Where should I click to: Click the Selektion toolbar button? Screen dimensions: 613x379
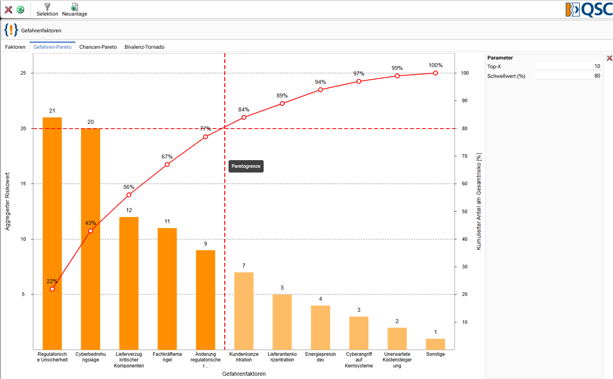coord(47,10)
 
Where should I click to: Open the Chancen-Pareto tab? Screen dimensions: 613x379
coord(98,47)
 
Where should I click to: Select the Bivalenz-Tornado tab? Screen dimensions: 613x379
coord(144,47)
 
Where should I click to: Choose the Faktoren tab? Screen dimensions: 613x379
coord(15,47)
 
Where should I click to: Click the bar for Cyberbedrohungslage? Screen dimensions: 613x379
coord(91,239)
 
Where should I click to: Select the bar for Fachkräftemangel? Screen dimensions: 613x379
coord(167,289)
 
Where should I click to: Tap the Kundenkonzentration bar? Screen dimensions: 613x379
coord(244,311)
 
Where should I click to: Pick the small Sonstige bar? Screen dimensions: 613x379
coord(436,344)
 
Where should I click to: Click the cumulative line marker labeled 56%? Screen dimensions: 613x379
coord(129,195)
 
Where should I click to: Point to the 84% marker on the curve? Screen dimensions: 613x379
coord(244,117)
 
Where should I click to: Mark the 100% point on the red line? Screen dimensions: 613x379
coord(436,73)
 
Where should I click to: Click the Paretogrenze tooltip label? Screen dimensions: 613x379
coord(246,166)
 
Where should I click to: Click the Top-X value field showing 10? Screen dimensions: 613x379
coord(568,66)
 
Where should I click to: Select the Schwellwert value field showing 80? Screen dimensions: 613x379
coord(568,76)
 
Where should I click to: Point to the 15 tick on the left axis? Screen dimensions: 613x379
coord(23,184)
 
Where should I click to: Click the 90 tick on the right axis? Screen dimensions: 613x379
coord(465,101)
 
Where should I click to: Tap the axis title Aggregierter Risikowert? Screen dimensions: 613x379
coord(8,201)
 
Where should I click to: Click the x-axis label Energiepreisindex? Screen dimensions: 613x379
coord(320,357)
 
